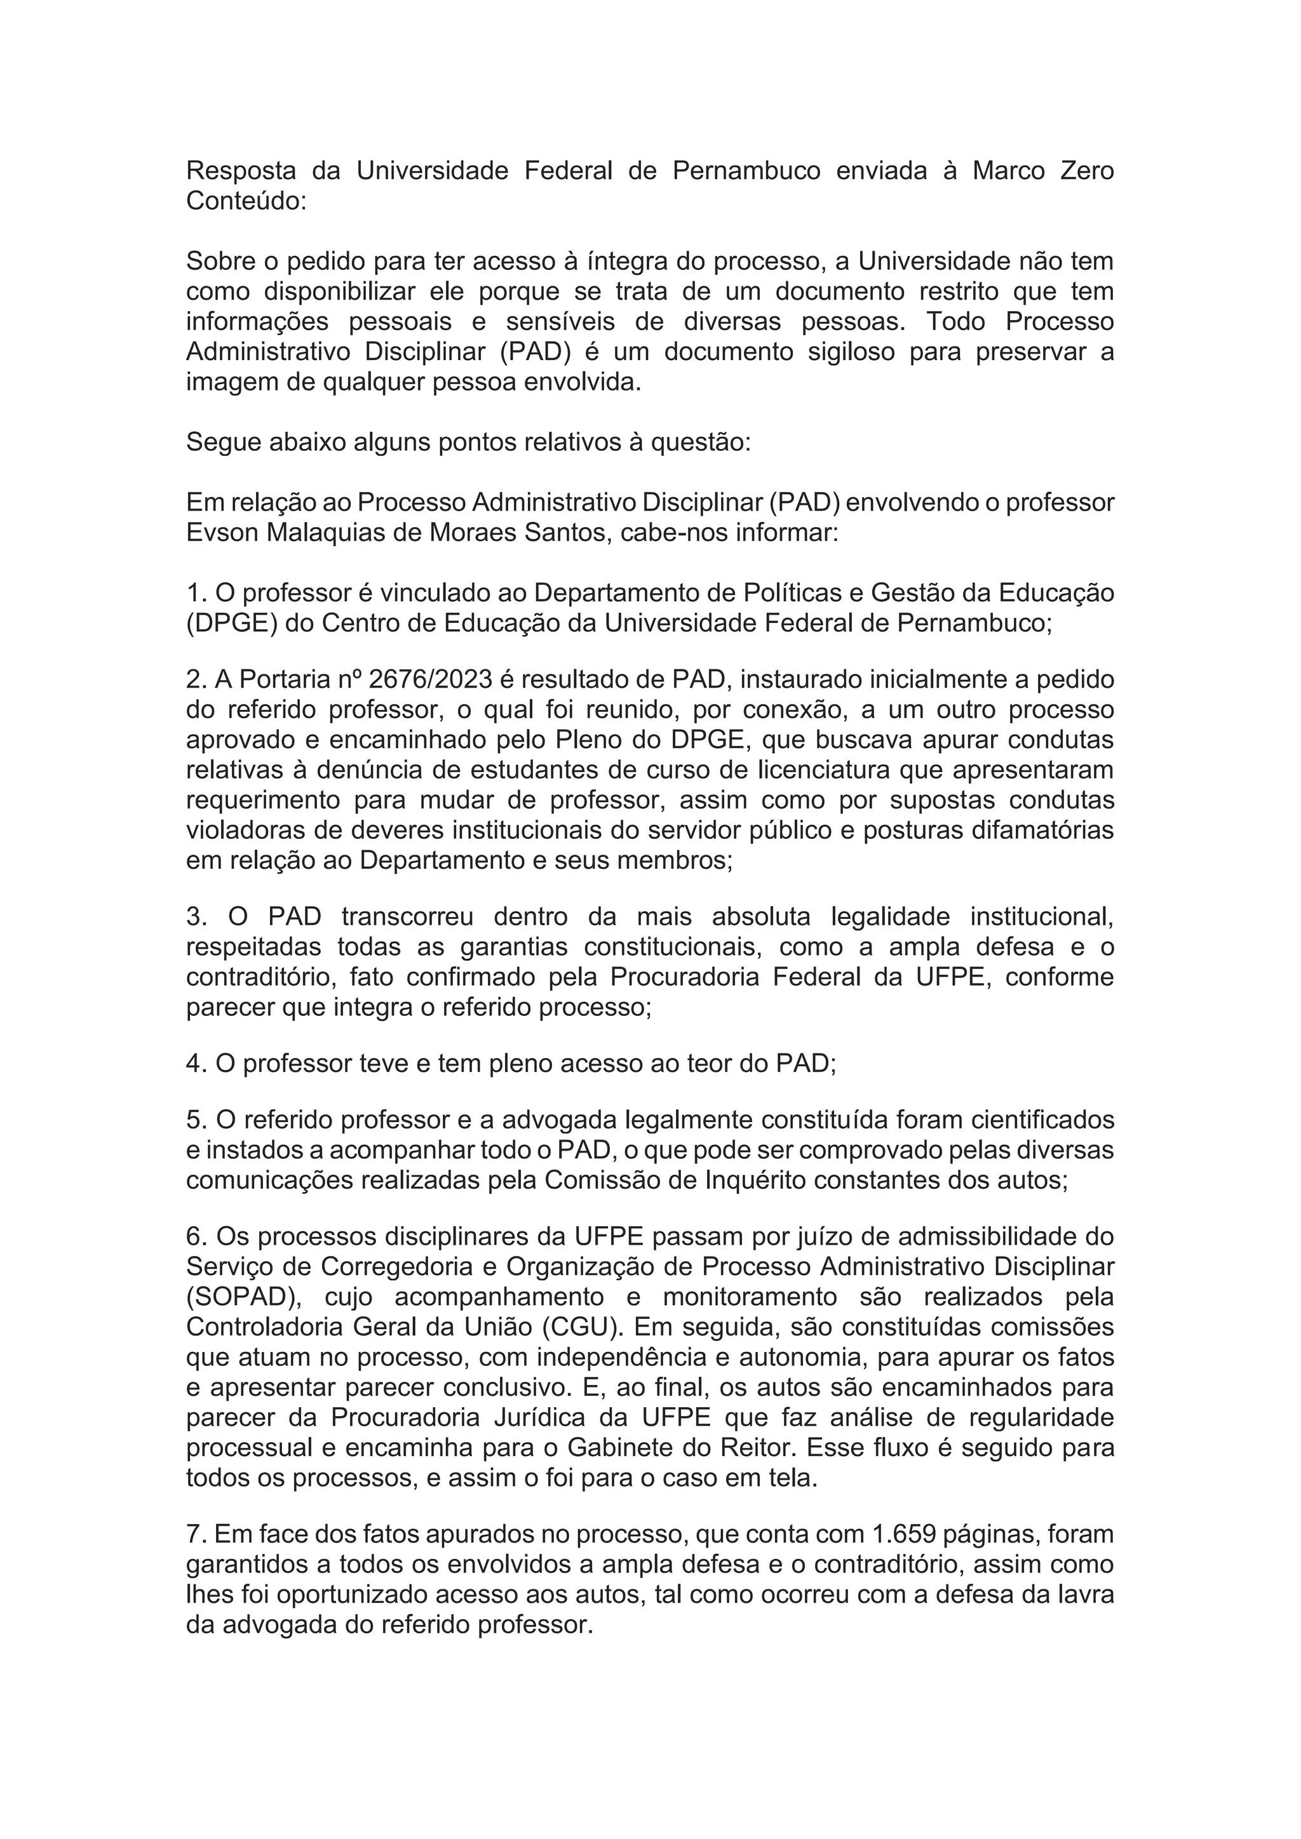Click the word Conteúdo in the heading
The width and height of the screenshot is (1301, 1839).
click(245, 201)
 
